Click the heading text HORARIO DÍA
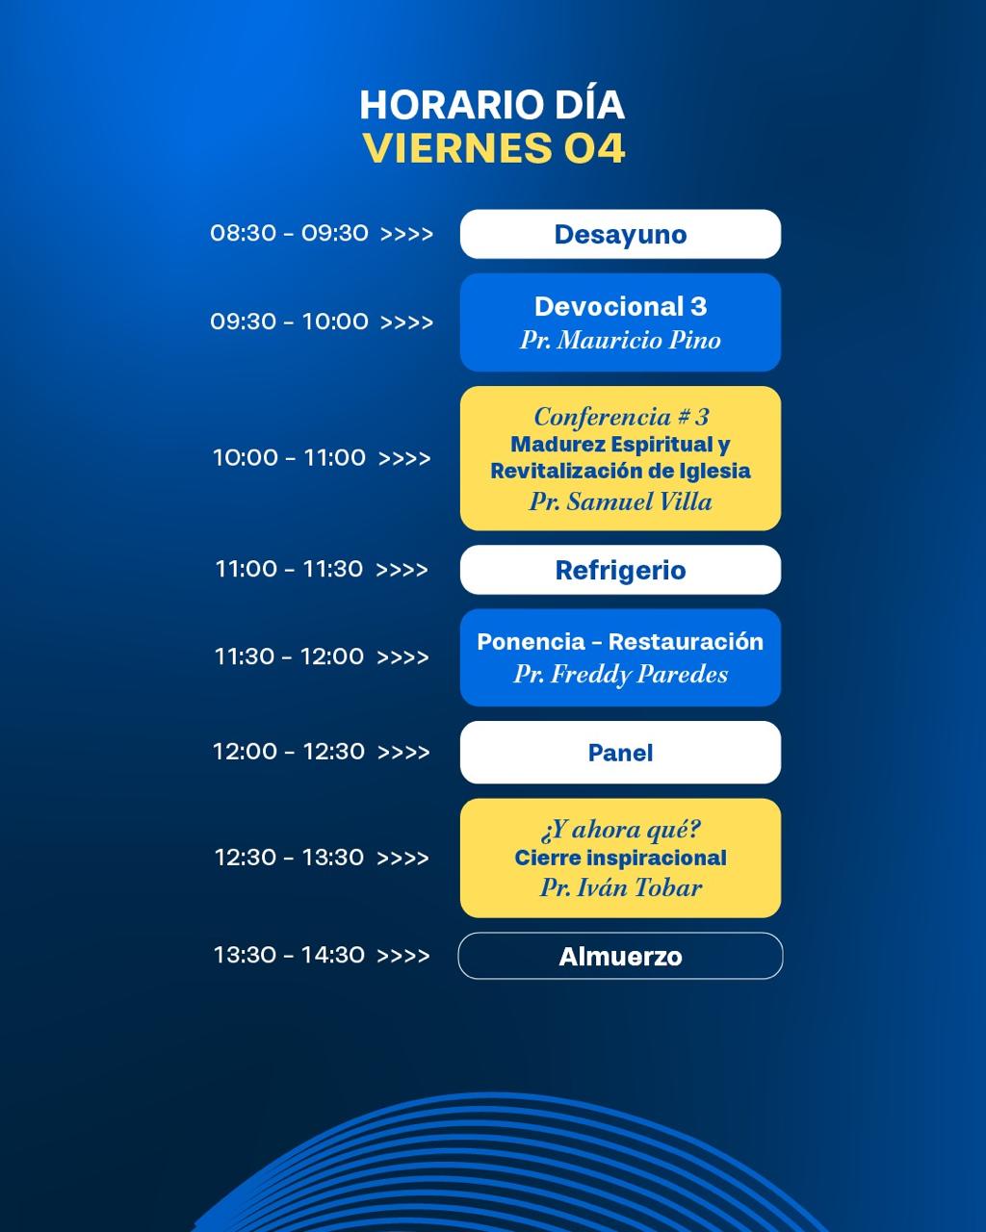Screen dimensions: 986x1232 (x=492, y=105)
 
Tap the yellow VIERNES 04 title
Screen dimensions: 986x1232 (x=494, y=148)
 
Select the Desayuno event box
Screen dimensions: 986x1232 (x=620, y=234)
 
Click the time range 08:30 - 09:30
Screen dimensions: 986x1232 (x=289, y=234)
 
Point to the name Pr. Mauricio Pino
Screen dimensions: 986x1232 (x=620, y=341)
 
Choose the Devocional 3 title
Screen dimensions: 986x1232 (x=620, y=307)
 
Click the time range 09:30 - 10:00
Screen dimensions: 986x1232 (x=289, y=321)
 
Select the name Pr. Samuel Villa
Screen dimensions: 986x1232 (x=620, y=502)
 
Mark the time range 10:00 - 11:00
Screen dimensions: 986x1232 (x=289, y=458)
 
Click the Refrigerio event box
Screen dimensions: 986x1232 (x=620, y=570)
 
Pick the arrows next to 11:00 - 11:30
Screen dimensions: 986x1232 (x=402, y=570)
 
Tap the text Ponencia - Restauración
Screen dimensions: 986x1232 (x=620, y=642)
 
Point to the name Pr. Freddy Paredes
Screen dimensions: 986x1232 (x=620, y=675)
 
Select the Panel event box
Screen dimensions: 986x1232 (x=620, y=753)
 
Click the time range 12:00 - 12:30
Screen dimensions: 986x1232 (x=288, y=752)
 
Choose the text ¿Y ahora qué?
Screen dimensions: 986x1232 (x=620, y=830)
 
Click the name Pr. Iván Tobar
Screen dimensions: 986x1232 (x=620, y=888)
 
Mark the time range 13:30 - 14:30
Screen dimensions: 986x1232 (x=289, y=955)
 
